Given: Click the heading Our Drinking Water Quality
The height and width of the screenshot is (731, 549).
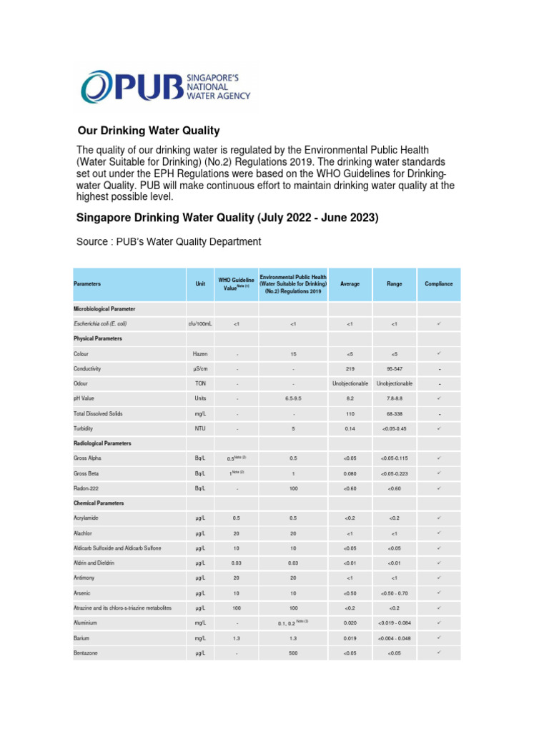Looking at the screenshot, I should (148, 131).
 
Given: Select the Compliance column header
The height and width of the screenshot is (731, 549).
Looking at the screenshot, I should (439, 283).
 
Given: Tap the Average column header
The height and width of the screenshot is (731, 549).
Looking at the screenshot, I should (350, 283).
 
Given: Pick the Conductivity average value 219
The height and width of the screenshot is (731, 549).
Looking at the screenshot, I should (350, 369).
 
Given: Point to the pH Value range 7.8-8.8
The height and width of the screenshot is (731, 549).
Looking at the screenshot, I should (394, 398).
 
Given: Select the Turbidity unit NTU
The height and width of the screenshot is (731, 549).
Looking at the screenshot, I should (199, 428).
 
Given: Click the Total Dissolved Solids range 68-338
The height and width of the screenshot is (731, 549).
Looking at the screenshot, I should (394, 413).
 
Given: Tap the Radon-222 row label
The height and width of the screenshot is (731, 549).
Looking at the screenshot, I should (89, 488).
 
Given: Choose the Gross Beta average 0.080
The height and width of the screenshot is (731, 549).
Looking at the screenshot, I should (350, 473).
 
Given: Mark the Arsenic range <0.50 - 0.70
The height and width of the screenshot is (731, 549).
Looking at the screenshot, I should (394, 593).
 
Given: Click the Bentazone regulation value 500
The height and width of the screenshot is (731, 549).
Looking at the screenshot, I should (293, 652).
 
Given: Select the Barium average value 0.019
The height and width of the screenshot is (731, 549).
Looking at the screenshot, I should (350, 637).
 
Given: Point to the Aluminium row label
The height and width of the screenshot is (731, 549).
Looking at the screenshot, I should (87, 622).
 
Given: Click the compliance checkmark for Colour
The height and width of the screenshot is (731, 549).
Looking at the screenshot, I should (439, 353).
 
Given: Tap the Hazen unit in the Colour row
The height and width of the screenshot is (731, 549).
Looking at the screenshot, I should (199, 354).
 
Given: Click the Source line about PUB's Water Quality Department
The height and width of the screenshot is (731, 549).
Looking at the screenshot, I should (168, 241).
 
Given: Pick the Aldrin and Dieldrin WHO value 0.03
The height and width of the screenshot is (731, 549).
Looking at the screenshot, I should (237, 563).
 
